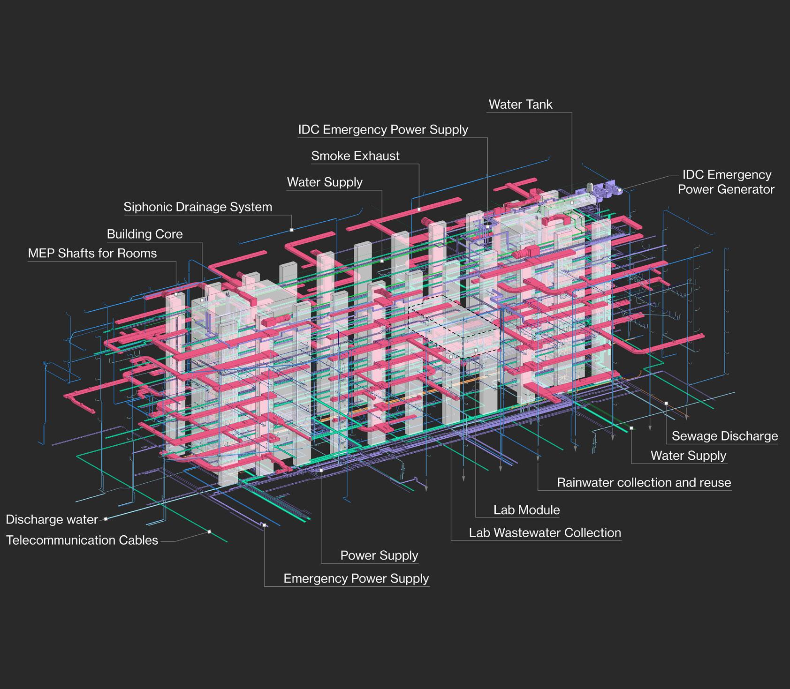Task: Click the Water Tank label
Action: point(520,104)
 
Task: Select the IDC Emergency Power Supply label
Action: point(383,129)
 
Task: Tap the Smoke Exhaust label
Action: point(355,156)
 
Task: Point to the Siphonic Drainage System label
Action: point(197,207)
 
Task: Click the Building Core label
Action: point(144,234)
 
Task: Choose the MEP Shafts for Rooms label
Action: point(92,253)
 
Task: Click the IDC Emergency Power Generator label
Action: point(726,182)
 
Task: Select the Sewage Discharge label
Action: point(724,436)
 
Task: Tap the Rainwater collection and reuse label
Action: point(644,482)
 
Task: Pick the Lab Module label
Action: point(526,510)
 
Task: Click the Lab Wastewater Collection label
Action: point(545,532)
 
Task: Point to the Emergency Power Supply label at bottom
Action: point(356,578)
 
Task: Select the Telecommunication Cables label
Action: point(82,540)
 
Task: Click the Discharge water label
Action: point(52,519)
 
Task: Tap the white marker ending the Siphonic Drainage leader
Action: point(291,230)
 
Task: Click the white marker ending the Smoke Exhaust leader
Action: point(419,209)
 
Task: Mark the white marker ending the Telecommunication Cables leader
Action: point(209,532)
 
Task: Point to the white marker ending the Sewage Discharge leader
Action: point(666,403)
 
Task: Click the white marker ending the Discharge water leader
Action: point(106,518)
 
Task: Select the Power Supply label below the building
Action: point(379,555)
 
